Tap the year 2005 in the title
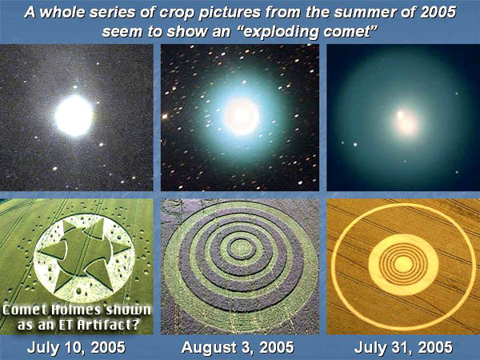[438, 12]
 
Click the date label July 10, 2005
[76, 348]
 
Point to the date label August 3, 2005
[238, 348]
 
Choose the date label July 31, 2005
[403, 348]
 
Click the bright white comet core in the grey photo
[74, 115]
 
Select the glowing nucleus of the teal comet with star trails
[242, 116]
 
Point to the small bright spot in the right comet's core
[400, 114]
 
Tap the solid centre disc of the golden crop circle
[403, 265]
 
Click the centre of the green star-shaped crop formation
[83, 250]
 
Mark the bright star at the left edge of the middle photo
[165, 116]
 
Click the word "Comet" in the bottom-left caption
[24, 310]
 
